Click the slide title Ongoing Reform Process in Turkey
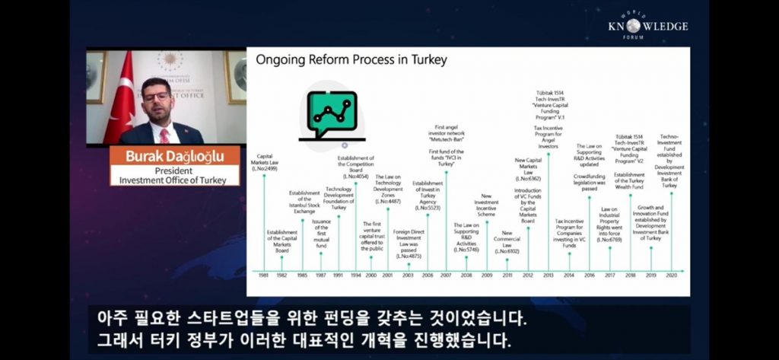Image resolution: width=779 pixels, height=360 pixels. click(351, 59)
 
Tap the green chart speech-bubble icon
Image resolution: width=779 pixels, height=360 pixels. click(332, 115)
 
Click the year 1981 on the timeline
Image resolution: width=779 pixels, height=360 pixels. click(264, 275)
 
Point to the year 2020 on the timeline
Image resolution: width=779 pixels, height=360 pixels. click(670, 275)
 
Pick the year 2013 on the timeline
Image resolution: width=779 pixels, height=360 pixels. click(548, 275)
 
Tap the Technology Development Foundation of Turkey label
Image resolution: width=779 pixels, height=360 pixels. click(339, 198)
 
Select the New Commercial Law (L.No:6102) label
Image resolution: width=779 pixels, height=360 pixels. click(507, 242)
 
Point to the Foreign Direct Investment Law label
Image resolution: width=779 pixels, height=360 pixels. click(408, 244)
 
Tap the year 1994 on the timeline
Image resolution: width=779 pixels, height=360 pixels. click(355, 275)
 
